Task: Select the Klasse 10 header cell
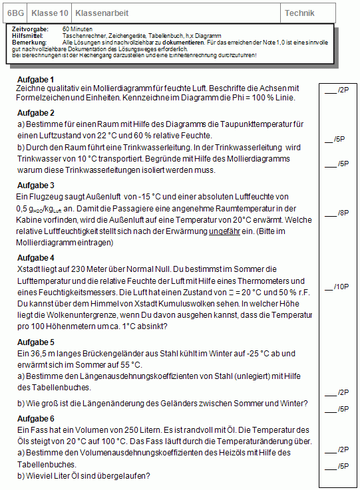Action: pyautogui.click(x=50, y=13)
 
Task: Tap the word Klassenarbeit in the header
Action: pyautogui.click(x=102, y=13)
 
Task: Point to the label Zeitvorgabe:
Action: pyautogui.click(x=30, y=30)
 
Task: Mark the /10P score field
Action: pyautogui.click(x=337, y=287)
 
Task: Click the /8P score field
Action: pyautogui.click(x=337, y=213)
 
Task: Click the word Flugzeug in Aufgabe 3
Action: pyautogui.click(x=47, y=197)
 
